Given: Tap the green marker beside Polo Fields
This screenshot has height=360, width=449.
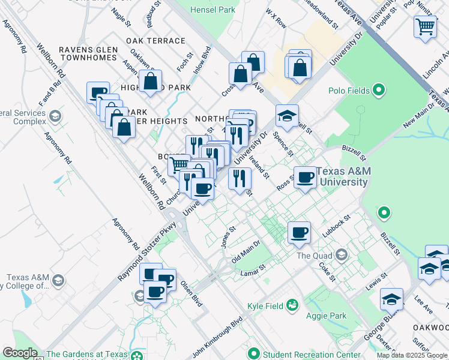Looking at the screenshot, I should (379, 91).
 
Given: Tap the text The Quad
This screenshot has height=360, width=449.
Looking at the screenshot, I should (313, 256).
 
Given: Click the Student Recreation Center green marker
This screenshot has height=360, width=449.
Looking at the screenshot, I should (253, 353).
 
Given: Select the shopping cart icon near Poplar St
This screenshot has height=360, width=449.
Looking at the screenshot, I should (425, 26).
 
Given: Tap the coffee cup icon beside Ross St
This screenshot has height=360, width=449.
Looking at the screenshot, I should (305, 177).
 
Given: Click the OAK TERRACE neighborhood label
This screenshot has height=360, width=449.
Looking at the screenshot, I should (155, 41).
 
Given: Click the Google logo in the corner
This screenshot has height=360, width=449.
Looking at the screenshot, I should (19, 353).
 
